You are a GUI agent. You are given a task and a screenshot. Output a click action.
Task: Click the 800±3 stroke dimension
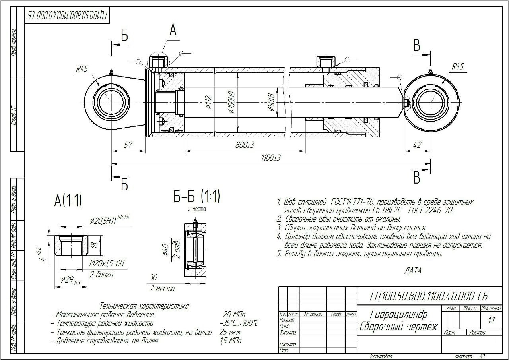pos(245,145)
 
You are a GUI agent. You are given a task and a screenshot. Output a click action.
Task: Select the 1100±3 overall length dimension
pos(271,158)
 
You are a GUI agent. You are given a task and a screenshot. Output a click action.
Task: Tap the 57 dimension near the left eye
pos(128,145)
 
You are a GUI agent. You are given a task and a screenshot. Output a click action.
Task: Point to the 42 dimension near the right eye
pos(417,145)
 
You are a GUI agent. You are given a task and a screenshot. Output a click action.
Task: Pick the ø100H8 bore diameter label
pos(232,103)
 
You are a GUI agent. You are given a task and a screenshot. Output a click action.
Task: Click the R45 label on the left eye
pos(82,69)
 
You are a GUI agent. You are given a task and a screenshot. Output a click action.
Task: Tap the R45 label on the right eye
pos(458,67)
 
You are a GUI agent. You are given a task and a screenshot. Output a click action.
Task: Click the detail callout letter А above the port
pos(173,30)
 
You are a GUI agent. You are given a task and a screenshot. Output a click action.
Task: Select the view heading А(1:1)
pos(68,201)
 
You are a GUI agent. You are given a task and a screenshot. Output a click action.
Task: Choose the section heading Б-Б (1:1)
pos(196,196)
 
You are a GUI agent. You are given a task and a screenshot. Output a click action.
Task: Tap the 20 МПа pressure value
pos(234,314)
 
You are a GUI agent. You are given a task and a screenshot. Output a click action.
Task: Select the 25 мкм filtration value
pos(231,332)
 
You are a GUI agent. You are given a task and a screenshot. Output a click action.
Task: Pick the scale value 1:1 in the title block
pos(492,320)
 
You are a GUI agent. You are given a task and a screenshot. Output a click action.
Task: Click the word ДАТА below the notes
pos(413,271)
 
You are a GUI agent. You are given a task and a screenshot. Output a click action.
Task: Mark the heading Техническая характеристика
pos(145,306)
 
